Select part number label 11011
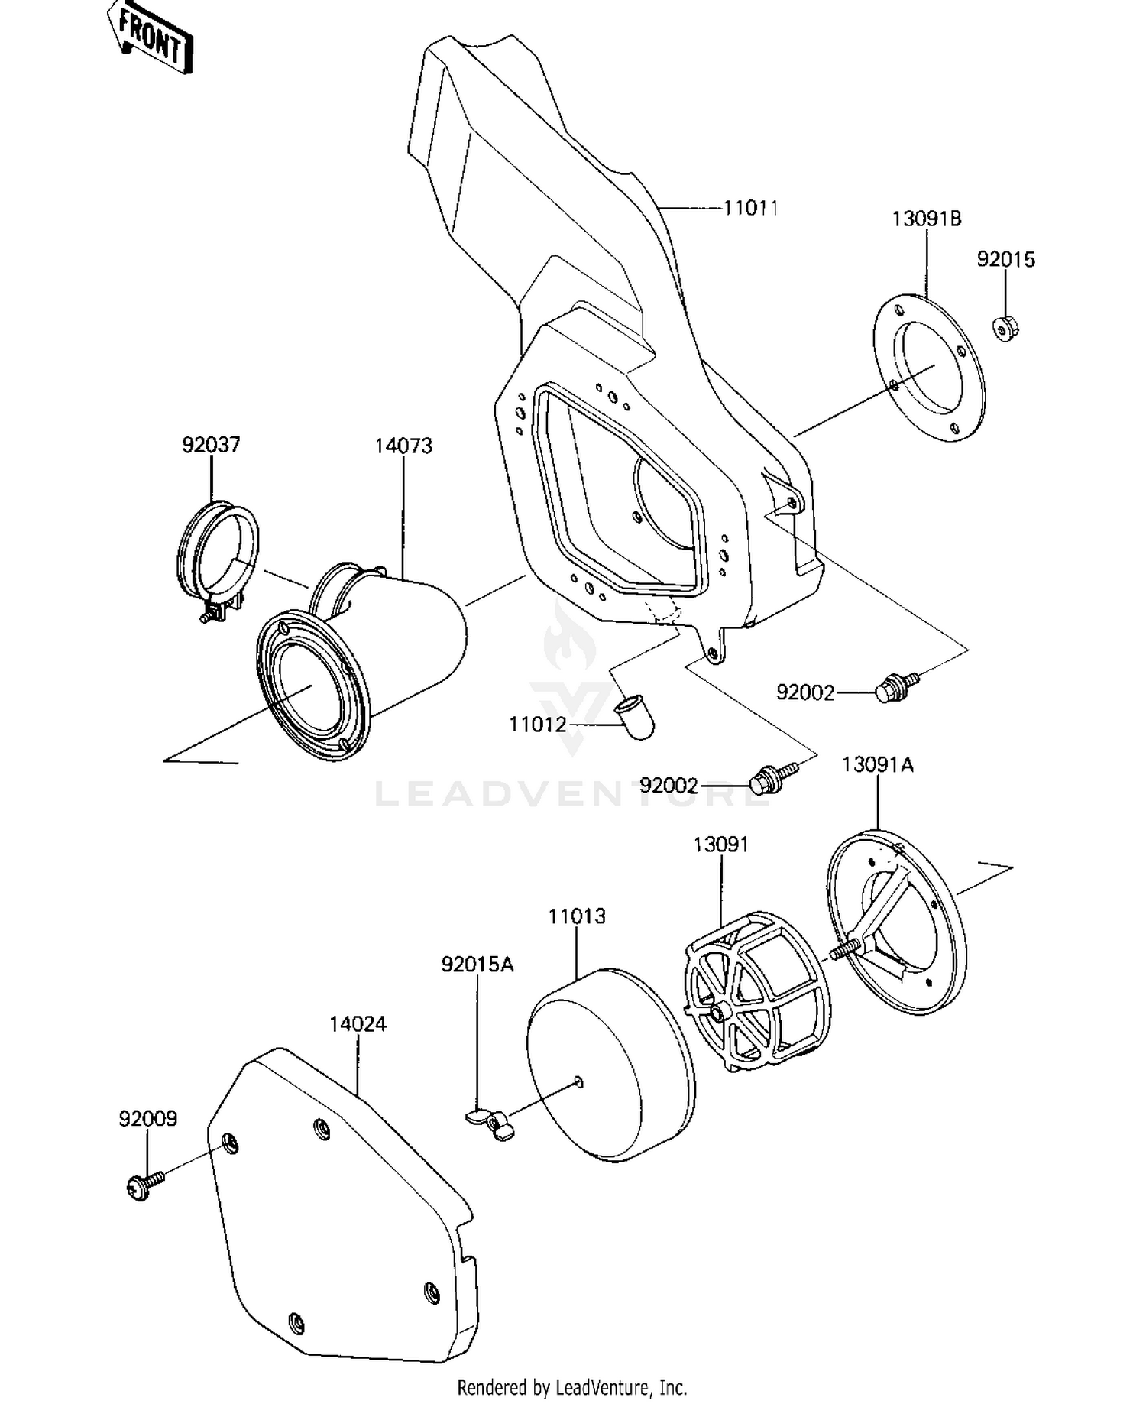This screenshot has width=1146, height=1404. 750,208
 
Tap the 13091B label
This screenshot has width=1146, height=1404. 926,219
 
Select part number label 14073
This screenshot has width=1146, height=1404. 403,446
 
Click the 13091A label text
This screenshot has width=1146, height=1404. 877,765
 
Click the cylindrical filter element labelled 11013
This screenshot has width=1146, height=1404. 611,1066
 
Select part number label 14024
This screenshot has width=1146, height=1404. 358,1023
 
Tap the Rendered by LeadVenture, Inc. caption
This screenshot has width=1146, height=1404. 572,1386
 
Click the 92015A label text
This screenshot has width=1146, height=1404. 477,965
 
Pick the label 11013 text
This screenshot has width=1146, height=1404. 576,916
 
